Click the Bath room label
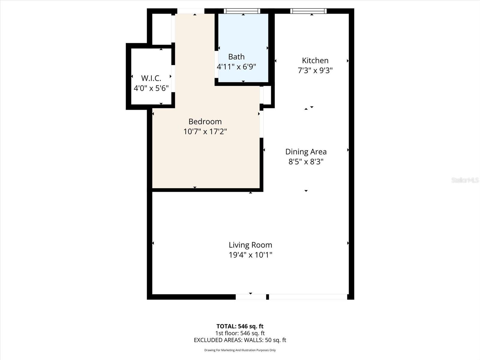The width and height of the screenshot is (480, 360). [236, 57]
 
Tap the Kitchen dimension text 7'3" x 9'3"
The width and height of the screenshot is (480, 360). [315, 70]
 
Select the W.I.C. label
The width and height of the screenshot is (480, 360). [151, 78]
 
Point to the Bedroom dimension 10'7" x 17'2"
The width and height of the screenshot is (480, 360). [205, 131]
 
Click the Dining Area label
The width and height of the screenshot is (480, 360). [306, 152]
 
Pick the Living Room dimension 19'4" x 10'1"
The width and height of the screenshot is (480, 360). [250, 255]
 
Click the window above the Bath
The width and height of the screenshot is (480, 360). [242, 11]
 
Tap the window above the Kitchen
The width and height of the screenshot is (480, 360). [308, 11]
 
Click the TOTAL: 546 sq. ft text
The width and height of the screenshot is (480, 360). [240, 326]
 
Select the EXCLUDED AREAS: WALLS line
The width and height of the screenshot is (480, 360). [240, 340]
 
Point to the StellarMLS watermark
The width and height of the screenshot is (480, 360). [465, 180]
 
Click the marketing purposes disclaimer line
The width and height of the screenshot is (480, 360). [240, 350]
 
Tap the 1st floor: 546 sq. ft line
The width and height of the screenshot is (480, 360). [240, 333]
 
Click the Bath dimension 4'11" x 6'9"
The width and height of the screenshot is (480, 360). [236, 67]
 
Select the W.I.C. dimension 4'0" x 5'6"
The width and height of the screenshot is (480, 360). [151, 88]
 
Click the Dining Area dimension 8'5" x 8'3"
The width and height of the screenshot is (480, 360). [306, 162]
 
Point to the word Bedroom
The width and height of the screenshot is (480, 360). [205, 121]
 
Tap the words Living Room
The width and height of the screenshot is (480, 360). [250, 245]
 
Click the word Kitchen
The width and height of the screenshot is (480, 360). [315, 61]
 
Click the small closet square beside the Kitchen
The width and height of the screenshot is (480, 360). [267, 95]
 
